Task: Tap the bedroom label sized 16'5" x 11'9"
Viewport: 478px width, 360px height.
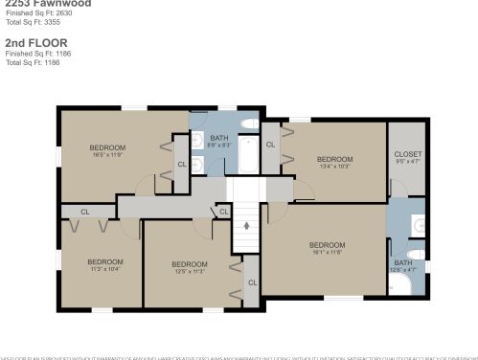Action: point(107,150)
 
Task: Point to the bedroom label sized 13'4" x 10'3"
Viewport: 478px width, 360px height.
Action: point(335,162)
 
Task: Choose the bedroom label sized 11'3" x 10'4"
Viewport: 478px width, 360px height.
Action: point(104,265)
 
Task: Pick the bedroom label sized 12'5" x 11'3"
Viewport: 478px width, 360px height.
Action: point(189,267)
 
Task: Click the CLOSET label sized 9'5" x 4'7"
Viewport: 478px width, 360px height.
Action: point(407,157)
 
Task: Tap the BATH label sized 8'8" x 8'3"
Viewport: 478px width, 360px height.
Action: point(219,142)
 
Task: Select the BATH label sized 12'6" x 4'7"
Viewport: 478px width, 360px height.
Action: point(402,266)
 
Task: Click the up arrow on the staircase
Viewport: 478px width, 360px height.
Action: point(246,226)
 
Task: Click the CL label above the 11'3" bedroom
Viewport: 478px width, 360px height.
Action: point(84,212)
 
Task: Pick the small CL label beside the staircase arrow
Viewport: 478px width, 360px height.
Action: point(223,212)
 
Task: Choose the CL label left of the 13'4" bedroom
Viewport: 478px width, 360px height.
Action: point(270,144)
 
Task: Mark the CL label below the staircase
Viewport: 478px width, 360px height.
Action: point(252,282)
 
